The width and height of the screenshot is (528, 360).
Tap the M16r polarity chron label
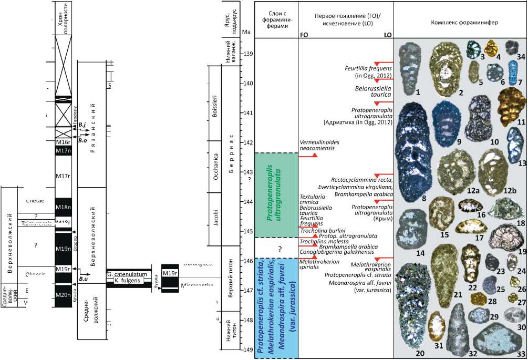point(63,142)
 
